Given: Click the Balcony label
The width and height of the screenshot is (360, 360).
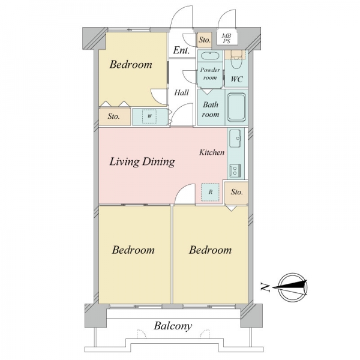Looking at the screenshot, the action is click(x=173, y=326).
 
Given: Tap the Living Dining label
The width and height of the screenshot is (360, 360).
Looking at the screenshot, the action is click(x=142, y=162).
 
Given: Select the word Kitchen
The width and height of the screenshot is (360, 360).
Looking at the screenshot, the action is click(x=212, y=152).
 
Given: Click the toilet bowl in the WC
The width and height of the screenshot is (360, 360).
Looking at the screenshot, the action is click(x=236, y=61).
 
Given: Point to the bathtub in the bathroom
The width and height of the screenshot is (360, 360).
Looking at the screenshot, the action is click(x=236, y=107).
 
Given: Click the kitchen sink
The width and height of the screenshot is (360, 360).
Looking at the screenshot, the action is click(x=235, y=139).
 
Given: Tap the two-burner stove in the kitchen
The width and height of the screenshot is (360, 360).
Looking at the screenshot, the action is click(x=235, y=170).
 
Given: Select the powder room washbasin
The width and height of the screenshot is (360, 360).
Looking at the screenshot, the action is click(x=210, y=56).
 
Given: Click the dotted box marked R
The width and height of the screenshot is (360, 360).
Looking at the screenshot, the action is click(x=210, y=192).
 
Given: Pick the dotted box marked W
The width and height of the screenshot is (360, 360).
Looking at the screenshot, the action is click(x=149, y=116).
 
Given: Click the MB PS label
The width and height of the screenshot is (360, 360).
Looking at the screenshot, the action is click(x=227, y=38).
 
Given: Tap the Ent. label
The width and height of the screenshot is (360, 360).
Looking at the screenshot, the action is click(x=181, y=50).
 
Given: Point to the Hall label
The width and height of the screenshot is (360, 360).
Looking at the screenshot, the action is click(x=181, y=93).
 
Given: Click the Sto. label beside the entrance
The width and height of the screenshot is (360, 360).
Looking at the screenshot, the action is click(x=205, y=40).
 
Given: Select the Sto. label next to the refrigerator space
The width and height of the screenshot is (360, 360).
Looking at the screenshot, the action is click(x=236, y=192).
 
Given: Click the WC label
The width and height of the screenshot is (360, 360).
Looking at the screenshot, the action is click(x=237, y=79).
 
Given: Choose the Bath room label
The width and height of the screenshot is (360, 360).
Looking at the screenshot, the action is click(x=211, y=110).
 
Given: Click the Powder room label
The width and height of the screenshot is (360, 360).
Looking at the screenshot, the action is click(x=210, y=74).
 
